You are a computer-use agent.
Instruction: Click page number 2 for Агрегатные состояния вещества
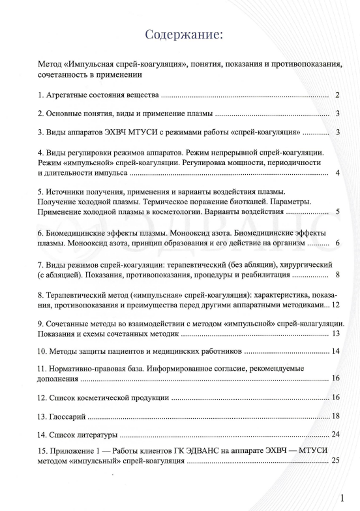tap(337, 95)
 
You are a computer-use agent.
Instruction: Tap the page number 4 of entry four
tap(337, 173)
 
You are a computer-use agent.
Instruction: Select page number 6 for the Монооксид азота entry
tap(337, 243)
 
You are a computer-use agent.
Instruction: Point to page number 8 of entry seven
tap(337, 274)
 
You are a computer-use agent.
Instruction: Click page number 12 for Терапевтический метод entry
tap(335, 305)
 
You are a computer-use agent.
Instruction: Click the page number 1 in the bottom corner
tap(342, 498)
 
